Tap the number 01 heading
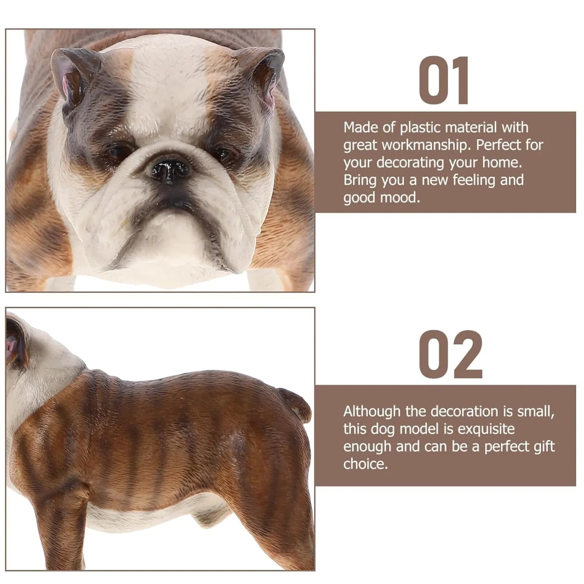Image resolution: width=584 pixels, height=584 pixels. (x=445, y=81)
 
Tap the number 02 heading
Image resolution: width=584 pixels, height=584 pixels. (x=451, y=354)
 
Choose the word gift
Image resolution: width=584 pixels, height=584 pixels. (x=543, y=447)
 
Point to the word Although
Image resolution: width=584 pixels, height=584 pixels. (x=372, y=412)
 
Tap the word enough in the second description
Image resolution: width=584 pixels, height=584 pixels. (x=367, y=447)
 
